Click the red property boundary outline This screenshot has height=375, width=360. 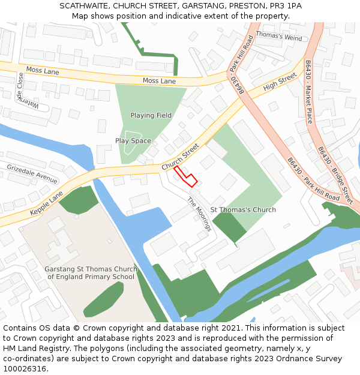tap(185, 178)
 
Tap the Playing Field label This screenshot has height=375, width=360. tap(151, 115)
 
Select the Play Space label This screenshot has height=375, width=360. tap(133, 141)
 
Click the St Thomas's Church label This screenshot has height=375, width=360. tap(243, 210)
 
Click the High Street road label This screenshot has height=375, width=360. tap(280, 82)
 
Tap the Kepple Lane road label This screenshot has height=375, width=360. tap(47, 205)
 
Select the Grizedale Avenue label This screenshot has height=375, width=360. tap(32, 173)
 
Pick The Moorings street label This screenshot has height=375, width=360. tap(199, 214)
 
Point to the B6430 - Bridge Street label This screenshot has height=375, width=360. tap(335, 175)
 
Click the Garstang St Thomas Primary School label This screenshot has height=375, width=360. tap(91, 273)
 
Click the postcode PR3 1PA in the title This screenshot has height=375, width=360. tap(285, 6)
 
